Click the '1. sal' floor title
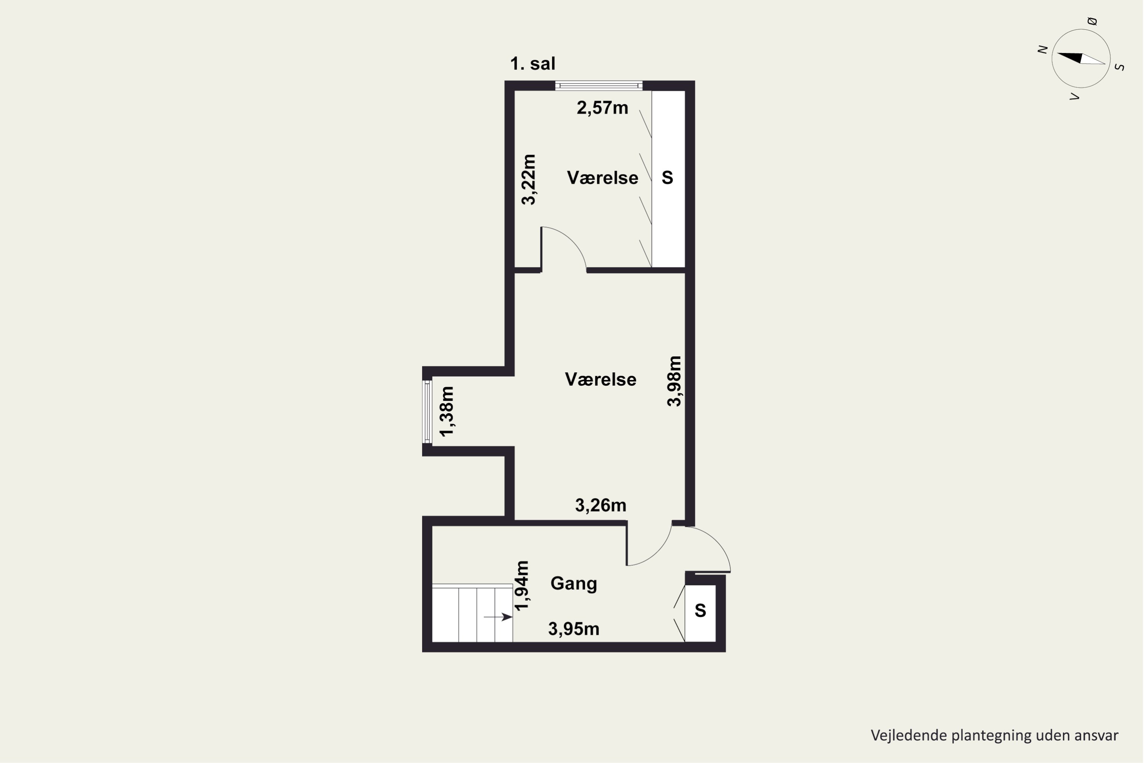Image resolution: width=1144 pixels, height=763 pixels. (533, 64)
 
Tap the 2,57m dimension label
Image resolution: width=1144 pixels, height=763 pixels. (602, 108)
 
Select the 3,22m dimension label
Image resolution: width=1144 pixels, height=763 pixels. (529, 180)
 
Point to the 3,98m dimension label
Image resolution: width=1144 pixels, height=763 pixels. (674, 381)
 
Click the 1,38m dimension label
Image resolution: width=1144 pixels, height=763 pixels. (447, 412)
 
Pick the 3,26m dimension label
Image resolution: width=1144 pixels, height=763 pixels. (601, 505)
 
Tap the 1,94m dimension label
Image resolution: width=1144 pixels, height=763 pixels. (522, 586)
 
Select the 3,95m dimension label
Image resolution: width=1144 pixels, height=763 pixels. (574, 629)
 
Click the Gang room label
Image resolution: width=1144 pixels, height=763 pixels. (574, 583)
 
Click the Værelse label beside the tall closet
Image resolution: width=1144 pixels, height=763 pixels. (603, 178)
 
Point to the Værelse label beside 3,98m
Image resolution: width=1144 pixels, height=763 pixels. (601, 379)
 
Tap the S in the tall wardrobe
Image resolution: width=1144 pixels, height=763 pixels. (667, 178)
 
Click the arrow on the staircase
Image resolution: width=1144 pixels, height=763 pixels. (498, 617)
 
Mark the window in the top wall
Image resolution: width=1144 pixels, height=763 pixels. (599, 85)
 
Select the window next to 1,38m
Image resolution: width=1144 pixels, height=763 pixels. (427, 412)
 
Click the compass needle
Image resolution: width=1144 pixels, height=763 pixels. (1081, 58)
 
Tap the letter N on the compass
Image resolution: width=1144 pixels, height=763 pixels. (1042, 49)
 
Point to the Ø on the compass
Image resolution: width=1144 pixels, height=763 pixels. (1092, 21)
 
